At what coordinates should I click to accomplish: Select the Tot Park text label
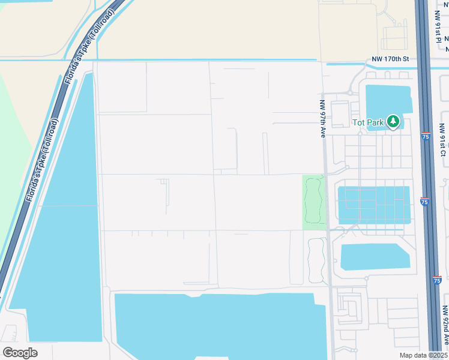click(x=367, y=122)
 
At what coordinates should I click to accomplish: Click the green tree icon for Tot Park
click(x=393, y=122)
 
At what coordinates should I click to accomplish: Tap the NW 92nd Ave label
click(x=444, y=326)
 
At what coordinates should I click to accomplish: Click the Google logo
click(x=20, y=353)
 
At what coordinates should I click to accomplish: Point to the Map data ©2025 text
click(x=423, y=355)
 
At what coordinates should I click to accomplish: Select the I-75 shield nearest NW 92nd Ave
click(x=436, y=280)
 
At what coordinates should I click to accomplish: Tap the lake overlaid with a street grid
click(x=374, y=204)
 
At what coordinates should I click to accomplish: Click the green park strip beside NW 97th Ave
click(x=313, y=202)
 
